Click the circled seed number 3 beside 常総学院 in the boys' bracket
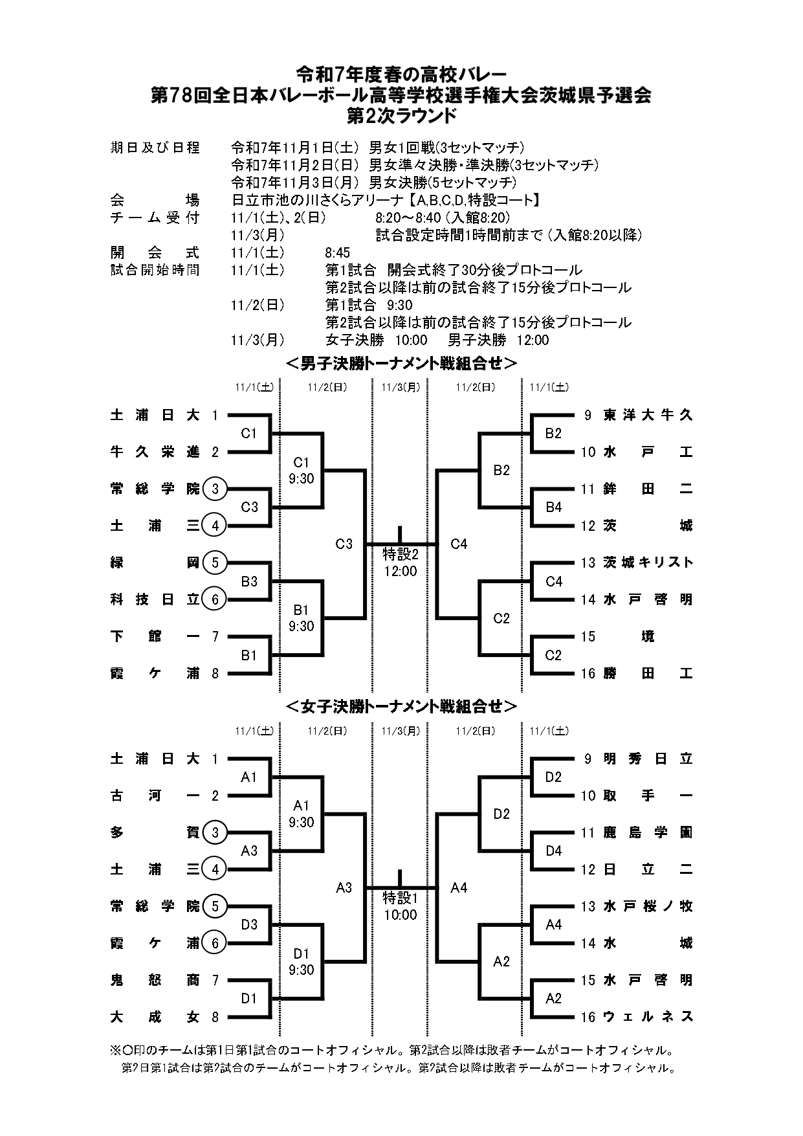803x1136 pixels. tap(215, 489)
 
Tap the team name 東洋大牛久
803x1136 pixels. tap(648, 415)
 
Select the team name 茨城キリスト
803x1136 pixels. tap(648, 562)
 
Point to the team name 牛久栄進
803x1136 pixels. tap(155, 452)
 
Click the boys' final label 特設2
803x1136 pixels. tap(401, 554)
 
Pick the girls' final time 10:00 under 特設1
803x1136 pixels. tap(401, 915)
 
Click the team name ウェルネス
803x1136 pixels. tap(648, 1017)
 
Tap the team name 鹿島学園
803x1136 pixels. tap(648, 832)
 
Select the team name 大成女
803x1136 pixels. tap(155, 1017)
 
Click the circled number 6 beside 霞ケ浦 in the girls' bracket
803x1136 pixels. tap(215, 943)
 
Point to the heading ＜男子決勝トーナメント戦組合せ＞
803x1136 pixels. tap(401, 364)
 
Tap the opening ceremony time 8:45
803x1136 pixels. tap(337, 252)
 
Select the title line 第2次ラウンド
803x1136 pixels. tap(401, 115)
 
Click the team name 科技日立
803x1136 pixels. tap(155, 599)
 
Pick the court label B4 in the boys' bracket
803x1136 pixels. tap(554, 507)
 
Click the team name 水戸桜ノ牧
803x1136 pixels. tap(648, 906)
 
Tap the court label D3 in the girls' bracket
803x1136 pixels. tap(249, 924)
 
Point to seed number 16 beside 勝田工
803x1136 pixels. tap(588, 674)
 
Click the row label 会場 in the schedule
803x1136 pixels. tap(155, 200)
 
